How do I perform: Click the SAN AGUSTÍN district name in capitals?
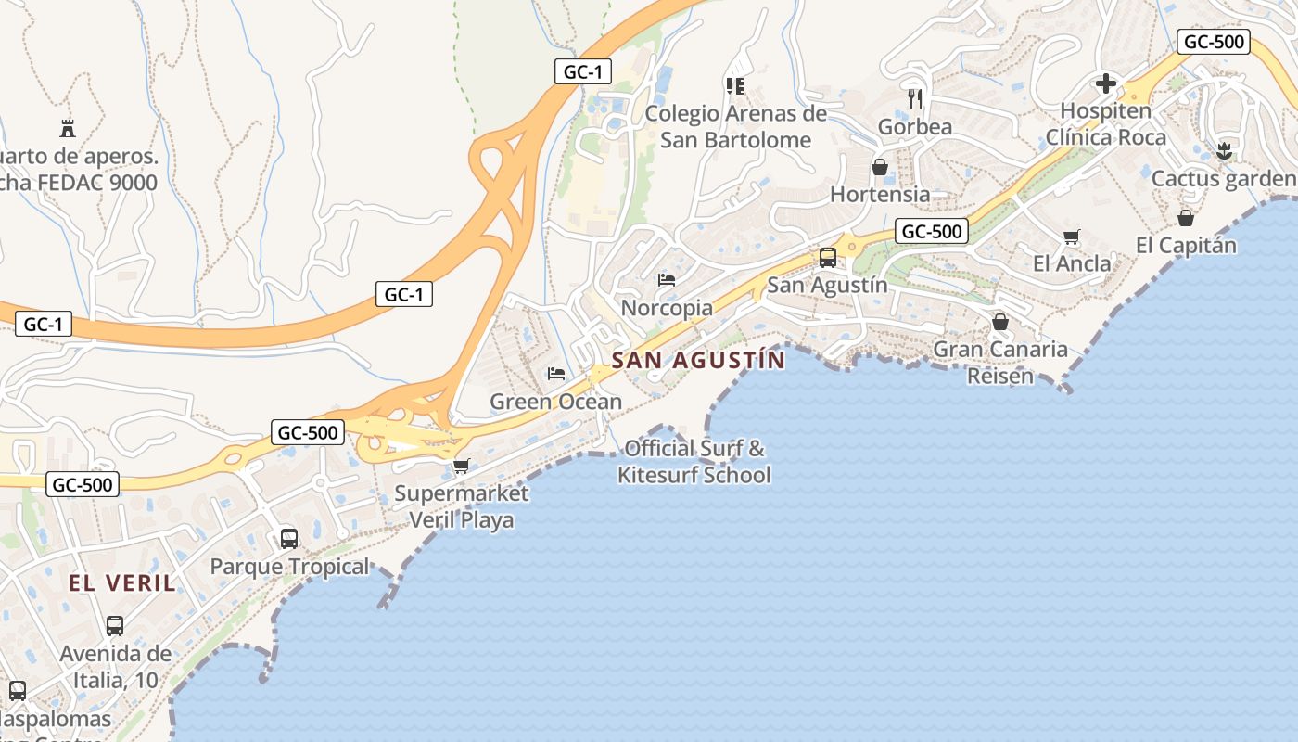coord(698,360)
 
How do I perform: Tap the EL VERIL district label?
coord(121,583)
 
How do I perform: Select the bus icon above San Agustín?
coord(828,258)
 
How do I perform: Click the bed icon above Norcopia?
coord(667,280)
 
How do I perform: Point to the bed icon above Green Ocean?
coord(556,374)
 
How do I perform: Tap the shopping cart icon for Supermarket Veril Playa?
coord(461,466)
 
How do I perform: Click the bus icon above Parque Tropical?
coord(289,539)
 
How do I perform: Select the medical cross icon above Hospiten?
coord(1105,83)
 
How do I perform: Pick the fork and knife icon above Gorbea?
coord(915,98)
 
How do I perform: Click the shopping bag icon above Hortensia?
coord(879,167)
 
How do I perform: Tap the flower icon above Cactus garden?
coord(1224,151)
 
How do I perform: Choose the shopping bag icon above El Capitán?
coord(1185,218)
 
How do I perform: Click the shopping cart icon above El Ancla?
coord(1072,237)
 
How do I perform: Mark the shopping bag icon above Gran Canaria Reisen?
coord(999,322)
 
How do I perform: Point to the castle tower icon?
coord(67,128)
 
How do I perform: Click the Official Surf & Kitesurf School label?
coord(694,462)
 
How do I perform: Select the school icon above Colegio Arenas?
coord(735,86)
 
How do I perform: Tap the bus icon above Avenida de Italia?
coord(115,626)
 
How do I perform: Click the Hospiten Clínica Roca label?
coord(1106,124)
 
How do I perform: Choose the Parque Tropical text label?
coord(289,567)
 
